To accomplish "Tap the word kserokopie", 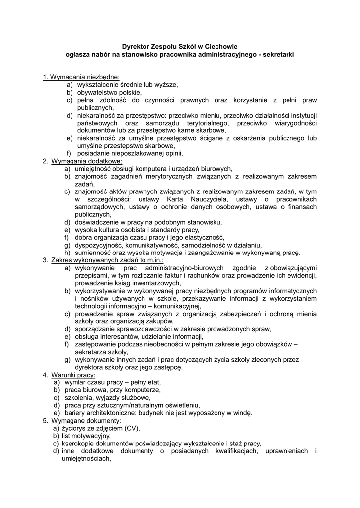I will [80, 444].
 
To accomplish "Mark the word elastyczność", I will [203, 237].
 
